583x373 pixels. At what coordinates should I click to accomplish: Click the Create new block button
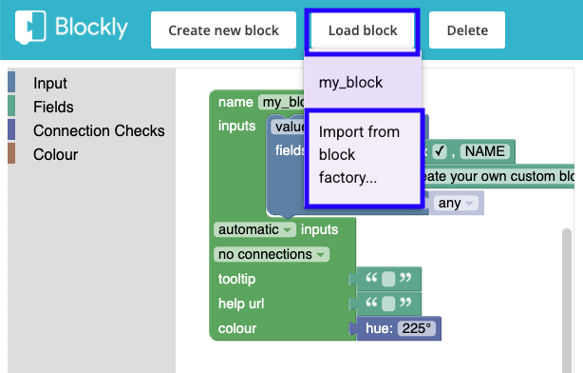pos(223,30)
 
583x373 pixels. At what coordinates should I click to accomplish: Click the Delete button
pos(466,30)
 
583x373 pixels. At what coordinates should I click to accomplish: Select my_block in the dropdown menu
pos(350,83)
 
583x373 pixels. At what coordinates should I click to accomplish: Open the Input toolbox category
pos(49,84)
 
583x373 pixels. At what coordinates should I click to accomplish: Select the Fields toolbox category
pos(53,108)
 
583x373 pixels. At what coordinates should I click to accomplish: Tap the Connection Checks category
pos(99,131)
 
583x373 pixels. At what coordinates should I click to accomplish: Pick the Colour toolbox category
pos(55,154)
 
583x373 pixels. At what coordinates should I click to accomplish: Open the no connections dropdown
pos(273,254)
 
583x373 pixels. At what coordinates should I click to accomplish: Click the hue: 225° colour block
pos(399,329)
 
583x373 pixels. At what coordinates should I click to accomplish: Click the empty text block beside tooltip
pos(387,280)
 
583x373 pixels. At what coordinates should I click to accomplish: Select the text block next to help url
pos(387,304)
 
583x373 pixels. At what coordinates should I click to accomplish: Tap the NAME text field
pos(484,150)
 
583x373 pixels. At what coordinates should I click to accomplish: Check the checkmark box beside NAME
pos(440,150)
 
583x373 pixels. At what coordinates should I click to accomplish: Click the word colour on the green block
pos(237,329)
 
